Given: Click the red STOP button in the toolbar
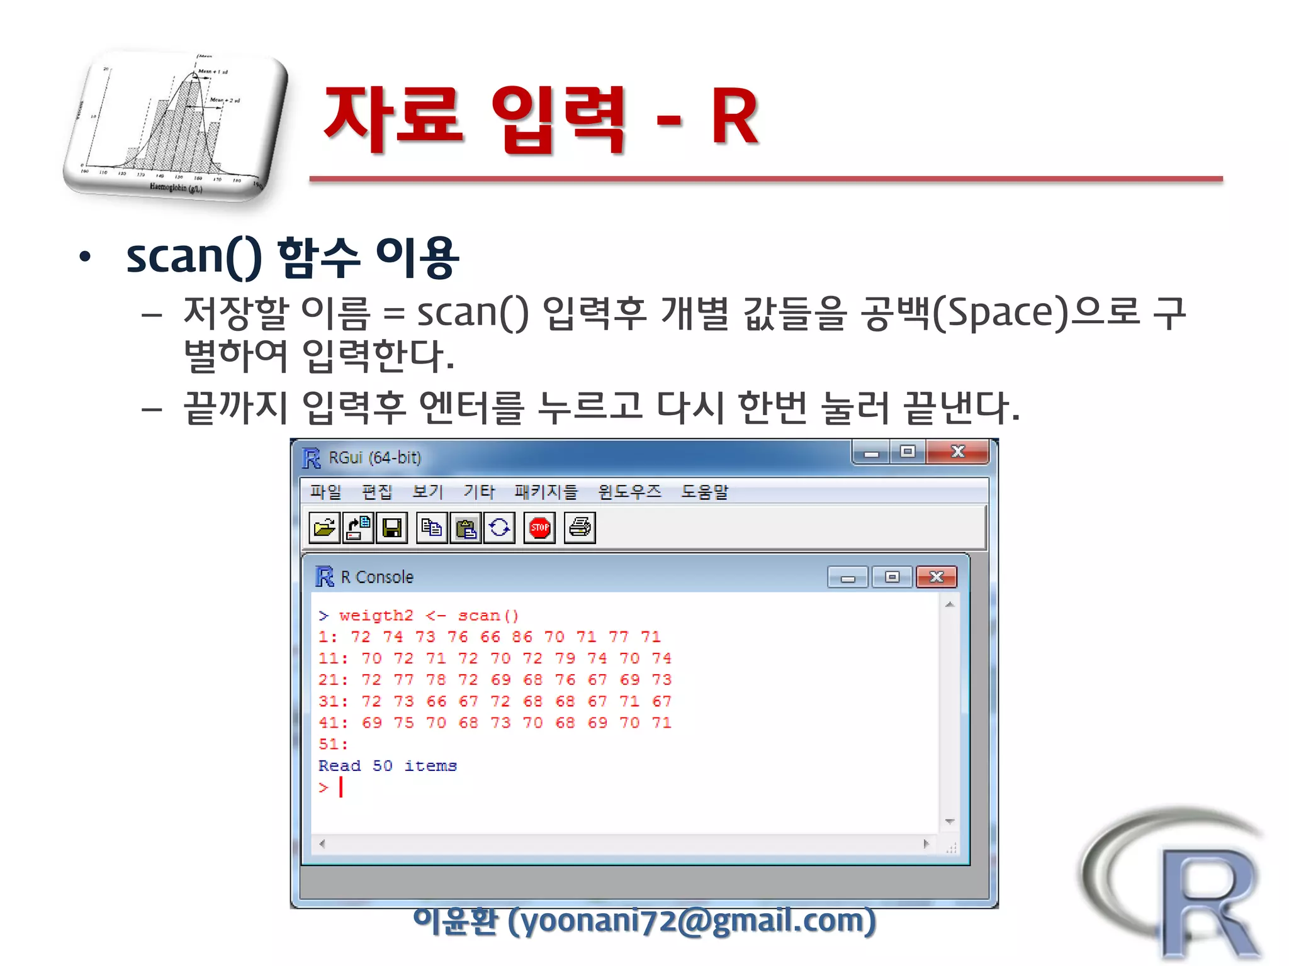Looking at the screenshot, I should tap(539, 528).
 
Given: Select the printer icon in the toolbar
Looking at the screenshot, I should tap(580, 528).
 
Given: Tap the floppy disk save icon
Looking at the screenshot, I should tap(391, 528).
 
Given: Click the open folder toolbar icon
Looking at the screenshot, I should tap(325, 528).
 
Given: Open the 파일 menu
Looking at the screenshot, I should tap(325, 491).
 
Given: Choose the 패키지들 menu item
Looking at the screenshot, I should tap(546, 491).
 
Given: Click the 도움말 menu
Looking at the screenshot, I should tap(704, 491).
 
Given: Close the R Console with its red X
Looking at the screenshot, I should tap(937, 577).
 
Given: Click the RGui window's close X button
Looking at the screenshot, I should tap(957, 452).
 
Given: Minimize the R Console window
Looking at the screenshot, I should tap(848, 577).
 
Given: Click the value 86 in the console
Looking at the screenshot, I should tap(522, 637).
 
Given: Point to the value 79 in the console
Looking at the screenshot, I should tap(565, 658).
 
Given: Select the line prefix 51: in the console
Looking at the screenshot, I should tap(333, 745).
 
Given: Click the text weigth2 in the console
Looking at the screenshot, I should tap(376, 616).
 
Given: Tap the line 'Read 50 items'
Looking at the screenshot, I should tap(387, 766).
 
